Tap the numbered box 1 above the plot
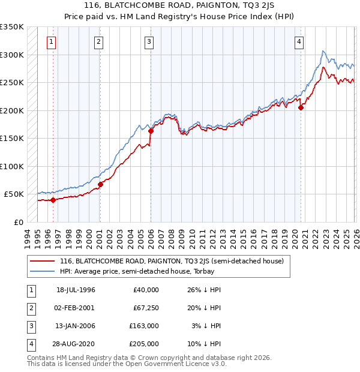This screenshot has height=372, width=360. click(x=52, y=42)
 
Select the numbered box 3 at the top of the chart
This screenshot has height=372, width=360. click(x=148, y=42)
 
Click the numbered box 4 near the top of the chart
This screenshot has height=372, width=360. click(x=299, y=42)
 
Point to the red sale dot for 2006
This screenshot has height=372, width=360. click(x=151, y=131)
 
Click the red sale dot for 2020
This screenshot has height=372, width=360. click(x=301, y=107)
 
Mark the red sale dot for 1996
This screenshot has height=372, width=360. click(x=53, y=200)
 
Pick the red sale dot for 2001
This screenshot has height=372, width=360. click(x=100, y=184)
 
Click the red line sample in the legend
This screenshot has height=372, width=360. click(x=41, y=261)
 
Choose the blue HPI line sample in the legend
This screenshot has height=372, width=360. click(x=41, y=271)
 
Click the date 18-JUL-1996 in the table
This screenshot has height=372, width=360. click(x=76, y=290)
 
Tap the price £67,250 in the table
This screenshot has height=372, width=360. click(x=146, y=308)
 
